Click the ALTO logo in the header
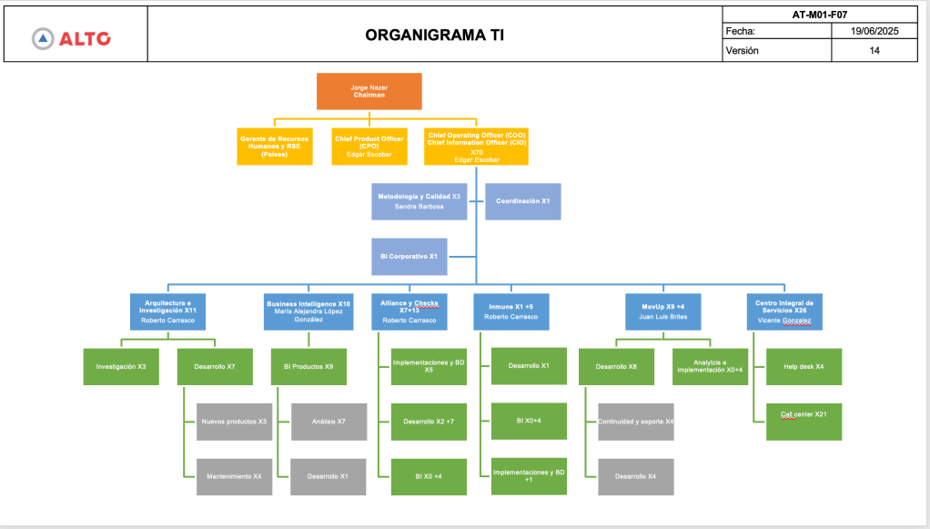[72, 37]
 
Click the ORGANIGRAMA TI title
[434, 36]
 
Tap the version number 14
[874, 51]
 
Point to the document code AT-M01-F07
[820, 14]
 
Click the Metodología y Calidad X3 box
[420, 201]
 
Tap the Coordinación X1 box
[523, 201]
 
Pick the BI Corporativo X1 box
[409, 257]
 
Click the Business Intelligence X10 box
[308, 310]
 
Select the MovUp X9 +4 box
[663, 310]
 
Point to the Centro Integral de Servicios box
[784, 310]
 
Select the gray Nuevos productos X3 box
[234, 422]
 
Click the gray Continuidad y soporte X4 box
[636, 422]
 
